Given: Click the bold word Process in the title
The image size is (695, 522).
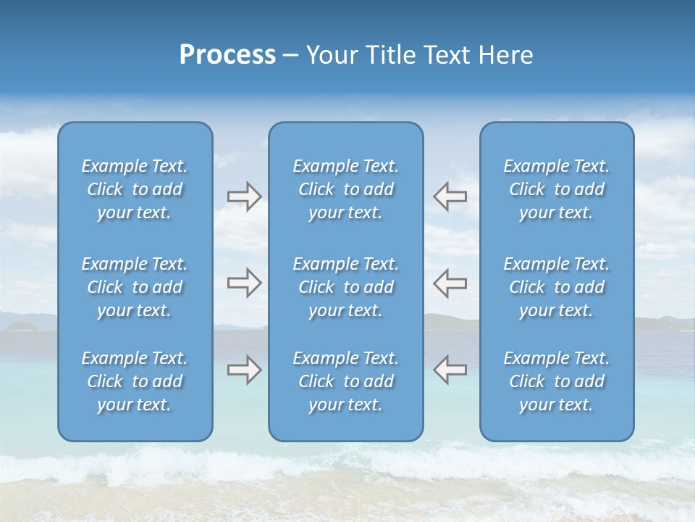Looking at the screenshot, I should [x=227, y=55].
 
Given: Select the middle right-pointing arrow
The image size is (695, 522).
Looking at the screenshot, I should [x=244, y=283].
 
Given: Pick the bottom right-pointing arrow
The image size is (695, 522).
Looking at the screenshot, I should [x=244, y=370].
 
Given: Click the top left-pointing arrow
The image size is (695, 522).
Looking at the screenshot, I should [x=450, y=196].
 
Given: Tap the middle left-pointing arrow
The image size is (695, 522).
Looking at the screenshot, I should [x=450, y=283].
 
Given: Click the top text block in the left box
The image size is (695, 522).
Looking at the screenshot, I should [x=135, y=189].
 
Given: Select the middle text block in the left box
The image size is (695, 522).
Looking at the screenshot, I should [x=135, y=287].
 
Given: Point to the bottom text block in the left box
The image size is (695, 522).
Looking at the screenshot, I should [x=135, y=381].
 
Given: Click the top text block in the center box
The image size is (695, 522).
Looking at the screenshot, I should [x=346, y=189].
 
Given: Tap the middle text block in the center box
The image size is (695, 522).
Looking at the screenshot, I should [x=346, y=287].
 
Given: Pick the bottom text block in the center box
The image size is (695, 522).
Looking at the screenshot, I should [x=346, y=381].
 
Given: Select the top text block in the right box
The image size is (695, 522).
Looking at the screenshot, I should [x=557, y=189].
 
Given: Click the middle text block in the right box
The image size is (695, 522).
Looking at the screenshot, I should [x=557, y=287].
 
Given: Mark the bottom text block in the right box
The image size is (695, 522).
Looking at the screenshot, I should [x=557, y=381].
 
